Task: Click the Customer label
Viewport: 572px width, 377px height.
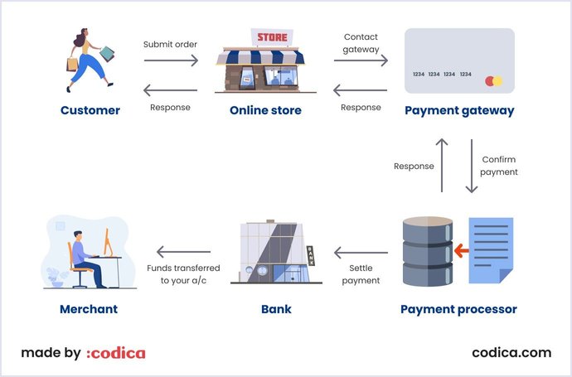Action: click(90, 110)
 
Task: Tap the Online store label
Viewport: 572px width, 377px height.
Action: click(264, 110)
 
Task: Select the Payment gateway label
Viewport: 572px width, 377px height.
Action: click(459, 110)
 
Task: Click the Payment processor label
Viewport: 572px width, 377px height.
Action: click(458, 309)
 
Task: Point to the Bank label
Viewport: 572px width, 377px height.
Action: click(276, 309)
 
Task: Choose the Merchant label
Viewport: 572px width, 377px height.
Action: click(89, 309)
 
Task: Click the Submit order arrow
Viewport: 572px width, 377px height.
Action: click(171, 60)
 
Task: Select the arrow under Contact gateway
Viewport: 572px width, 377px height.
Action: click(361, 60)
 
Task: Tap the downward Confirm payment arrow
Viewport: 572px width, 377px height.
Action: click(472, 165)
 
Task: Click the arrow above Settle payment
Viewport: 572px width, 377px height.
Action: click(361, 252)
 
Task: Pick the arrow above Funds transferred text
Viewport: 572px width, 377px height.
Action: click(183, 252)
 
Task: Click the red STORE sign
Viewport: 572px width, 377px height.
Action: click(272, 37)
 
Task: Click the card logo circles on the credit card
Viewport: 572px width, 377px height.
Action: click(493, 81)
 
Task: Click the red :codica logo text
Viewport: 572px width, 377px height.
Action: click(116, 353)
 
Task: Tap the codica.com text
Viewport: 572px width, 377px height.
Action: click(511, 352)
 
